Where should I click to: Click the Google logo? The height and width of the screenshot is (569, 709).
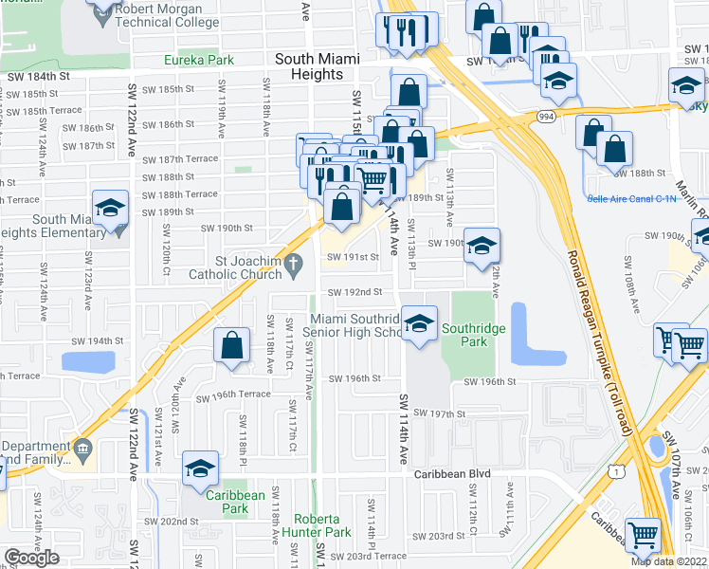(x=31, y=558)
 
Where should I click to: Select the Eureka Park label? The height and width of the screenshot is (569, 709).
(x=199, y=60)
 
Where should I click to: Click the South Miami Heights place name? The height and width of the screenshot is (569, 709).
(x=318, y=59)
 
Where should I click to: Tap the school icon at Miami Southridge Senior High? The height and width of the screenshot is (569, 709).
(x=418, y=325)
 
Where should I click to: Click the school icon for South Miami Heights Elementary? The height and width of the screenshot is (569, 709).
(x=110, y=210)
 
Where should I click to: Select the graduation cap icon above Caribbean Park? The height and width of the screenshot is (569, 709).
(x=201, y=468)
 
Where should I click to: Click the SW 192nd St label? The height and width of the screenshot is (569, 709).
(x=354, y=292)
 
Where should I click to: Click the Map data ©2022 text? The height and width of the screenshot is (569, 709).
(x=668, y=561)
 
